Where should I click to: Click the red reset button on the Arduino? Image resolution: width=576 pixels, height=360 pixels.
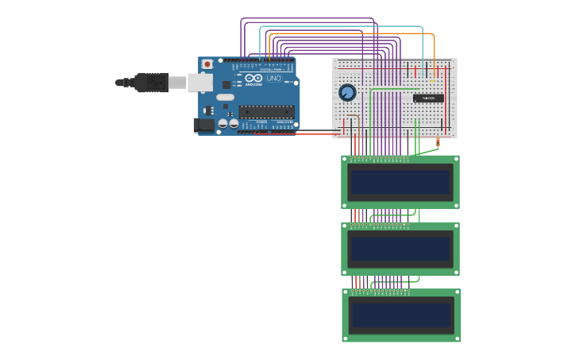click(x=207, y=64)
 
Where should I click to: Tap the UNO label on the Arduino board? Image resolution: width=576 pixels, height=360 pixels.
click(x=273, y=79)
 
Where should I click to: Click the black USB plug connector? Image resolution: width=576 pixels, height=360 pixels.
click(x=151, y=82)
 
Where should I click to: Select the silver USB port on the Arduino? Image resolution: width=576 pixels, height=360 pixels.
click(x=199, y=82)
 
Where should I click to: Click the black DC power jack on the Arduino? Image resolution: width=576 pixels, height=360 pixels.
click(x=204, y=125)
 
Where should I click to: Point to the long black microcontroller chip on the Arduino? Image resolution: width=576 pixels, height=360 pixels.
click(x=266, y=111)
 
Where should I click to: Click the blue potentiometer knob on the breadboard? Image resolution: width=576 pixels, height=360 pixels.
click(x=347, y=93)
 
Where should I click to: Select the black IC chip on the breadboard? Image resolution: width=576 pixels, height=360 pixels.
click(x=428, y=98)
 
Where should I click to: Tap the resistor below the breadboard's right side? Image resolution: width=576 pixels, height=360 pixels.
click(x=438, y=144)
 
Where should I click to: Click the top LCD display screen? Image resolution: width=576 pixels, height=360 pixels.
click(x=401, y=182)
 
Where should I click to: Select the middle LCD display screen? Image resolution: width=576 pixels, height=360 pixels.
click(x=401, y=249)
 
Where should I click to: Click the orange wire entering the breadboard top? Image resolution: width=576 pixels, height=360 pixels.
click(x=434, y=48)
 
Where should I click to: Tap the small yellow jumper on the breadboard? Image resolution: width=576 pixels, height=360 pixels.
click(x=433, y=81)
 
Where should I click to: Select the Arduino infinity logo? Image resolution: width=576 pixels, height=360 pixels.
click(x=253, y=79)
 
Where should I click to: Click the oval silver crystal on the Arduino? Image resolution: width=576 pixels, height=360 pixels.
click(x=225, y=97)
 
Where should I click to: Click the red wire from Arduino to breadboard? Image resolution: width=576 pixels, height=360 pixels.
click(x=318, y=134)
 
